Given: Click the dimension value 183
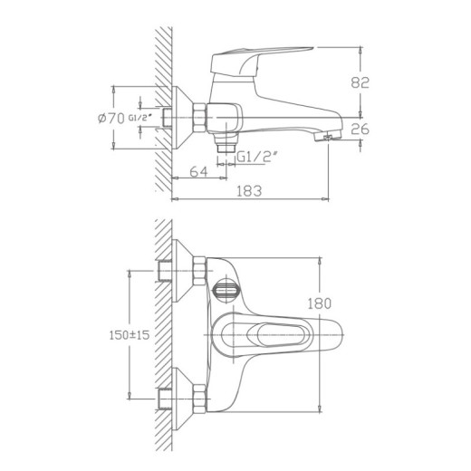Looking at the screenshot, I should (251, 191).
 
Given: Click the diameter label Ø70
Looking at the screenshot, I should (110, 119).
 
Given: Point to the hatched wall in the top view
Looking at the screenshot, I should (164, 335).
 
